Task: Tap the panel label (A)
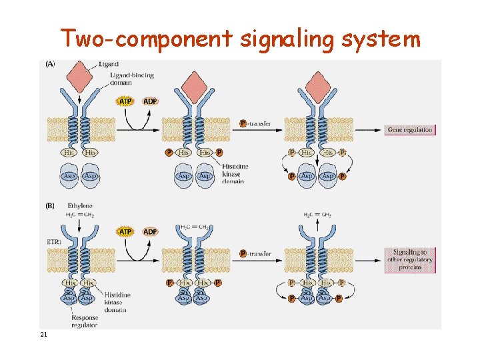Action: click(50, 65)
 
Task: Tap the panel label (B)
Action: click(50, 206)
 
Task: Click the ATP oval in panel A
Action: click(125, 101)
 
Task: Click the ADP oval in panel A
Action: click(150, 101)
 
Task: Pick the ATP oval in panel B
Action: click(125, 231)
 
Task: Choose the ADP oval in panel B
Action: click(150, 231)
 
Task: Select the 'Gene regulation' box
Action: click(409, 129)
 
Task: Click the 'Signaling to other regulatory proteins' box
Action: click(409, 259)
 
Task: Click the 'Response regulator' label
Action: click(84, 321)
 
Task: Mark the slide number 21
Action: click(43, 335)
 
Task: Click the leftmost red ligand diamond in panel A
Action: click(81, 75)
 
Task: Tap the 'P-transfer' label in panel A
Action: click(256, 123)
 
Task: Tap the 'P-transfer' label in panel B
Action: click(256, 253)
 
